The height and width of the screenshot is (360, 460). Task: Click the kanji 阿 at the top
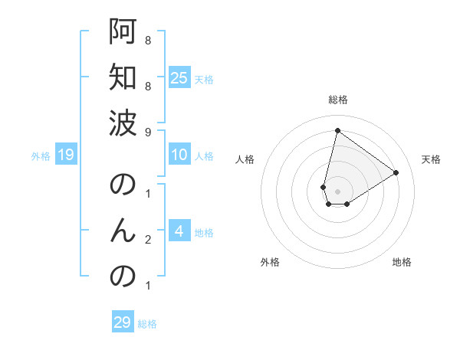point(123,32)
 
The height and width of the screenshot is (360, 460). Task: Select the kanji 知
point(123,78)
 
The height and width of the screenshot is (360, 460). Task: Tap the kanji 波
point(123,123)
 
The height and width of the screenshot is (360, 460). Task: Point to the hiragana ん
point(123,231)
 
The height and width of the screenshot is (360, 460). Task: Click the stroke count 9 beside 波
point(147,132)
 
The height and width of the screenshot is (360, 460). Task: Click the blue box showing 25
point(179,78)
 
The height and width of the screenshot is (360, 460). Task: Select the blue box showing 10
point(179,155)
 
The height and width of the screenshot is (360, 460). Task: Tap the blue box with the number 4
point(179,231)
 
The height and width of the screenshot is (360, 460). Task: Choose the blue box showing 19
point(66,155)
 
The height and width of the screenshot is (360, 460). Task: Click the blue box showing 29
point(123,322)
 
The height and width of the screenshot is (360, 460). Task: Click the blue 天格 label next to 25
point(204,79)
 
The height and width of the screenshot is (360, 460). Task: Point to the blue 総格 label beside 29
point(147,323)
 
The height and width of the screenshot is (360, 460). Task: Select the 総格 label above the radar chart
point(338,100)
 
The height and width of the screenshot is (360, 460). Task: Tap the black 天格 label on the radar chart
point(431,159)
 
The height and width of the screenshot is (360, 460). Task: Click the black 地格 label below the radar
point(402,263)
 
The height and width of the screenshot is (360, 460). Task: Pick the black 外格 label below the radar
point(270,263)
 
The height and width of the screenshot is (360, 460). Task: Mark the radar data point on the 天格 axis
point(396,172)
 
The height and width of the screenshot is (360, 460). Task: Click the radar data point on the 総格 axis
point(337,130)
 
